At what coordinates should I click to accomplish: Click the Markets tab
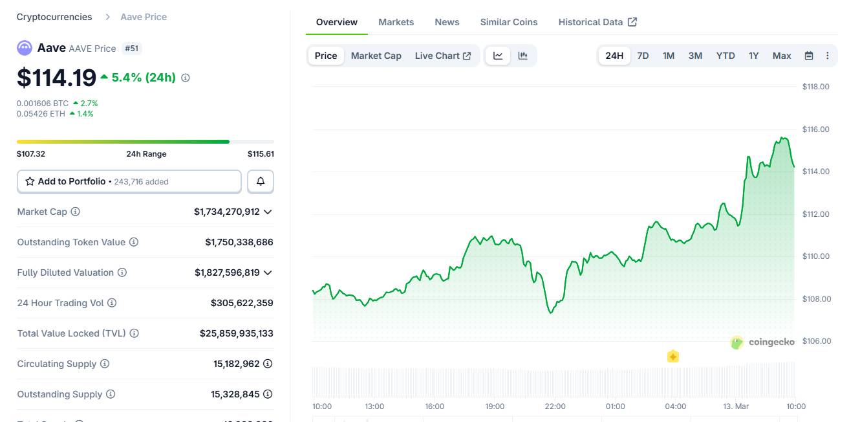point(396,22)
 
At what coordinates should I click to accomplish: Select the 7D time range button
point(643,56)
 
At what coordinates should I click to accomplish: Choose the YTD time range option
point(725,56)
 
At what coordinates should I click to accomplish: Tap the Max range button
point(782,56)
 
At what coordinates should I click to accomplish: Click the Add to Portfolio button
point(129,182)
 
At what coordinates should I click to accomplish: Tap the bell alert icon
point(261,182)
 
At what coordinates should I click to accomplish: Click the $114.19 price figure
point(57,78)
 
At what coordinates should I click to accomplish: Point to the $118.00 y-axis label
point(815,87)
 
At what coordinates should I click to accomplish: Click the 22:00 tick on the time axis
point(555,406)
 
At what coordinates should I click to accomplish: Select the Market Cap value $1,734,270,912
point(227,212)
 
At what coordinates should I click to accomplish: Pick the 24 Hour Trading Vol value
point(242,303)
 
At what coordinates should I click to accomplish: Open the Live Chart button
point(443,56)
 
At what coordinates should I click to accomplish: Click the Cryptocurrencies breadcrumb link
point(54,17)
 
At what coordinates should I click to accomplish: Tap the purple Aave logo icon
point(25,48)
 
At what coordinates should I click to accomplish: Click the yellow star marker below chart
point(673,357)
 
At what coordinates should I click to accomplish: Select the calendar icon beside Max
point(808,56)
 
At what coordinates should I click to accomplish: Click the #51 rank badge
point(132,49)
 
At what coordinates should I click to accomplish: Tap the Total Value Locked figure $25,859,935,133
point(237,333)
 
